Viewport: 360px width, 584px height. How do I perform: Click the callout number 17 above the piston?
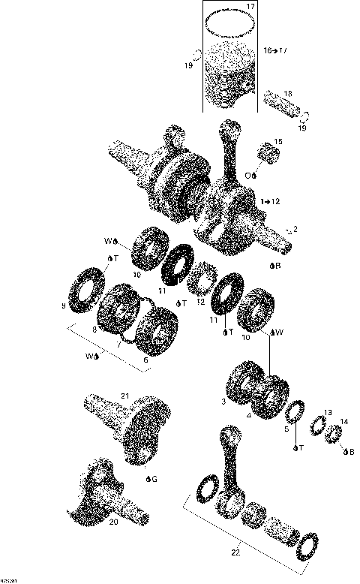click(x=250, y=7)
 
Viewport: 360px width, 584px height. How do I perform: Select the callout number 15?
click(x=278, y=142)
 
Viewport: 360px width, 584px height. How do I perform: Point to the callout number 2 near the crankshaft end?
click(x=295, y=228)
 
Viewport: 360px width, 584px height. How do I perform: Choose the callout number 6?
click(x=145, y=360)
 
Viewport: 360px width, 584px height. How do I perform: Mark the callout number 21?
click(x=125, y=396)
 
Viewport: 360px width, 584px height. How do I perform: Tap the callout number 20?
click(x=113, y=522)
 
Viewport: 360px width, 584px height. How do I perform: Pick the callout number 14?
click(x=343, y=421)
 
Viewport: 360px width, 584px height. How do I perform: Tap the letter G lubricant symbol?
click(x=154, y=478)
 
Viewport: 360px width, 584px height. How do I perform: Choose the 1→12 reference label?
click(x=270, y=202)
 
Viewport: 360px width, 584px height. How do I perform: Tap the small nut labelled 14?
click(x=333, y=434)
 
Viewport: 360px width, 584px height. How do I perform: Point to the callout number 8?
click(x=115, y=330)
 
